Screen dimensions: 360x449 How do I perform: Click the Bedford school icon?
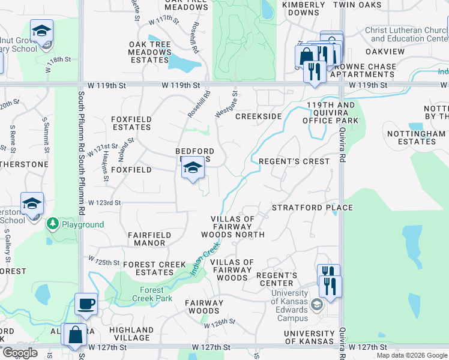193,168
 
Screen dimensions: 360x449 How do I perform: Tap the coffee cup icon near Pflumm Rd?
86,303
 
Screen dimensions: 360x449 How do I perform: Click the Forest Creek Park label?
152,294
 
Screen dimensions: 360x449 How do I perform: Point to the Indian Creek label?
202,263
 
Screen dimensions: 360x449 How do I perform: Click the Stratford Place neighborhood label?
312,208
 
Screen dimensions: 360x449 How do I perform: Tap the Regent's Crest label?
294,161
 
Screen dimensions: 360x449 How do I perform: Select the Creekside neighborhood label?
259,116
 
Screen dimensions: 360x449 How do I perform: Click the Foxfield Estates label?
130,123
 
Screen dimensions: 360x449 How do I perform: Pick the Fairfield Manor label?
149,239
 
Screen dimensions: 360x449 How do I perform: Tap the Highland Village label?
131,334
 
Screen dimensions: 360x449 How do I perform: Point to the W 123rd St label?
105,203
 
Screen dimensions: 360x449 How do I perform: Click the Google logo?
20,353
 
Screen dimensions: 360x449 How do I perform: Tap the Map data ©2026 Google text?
412,355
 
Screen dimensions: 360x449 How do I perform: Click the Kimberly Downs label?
303,8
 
